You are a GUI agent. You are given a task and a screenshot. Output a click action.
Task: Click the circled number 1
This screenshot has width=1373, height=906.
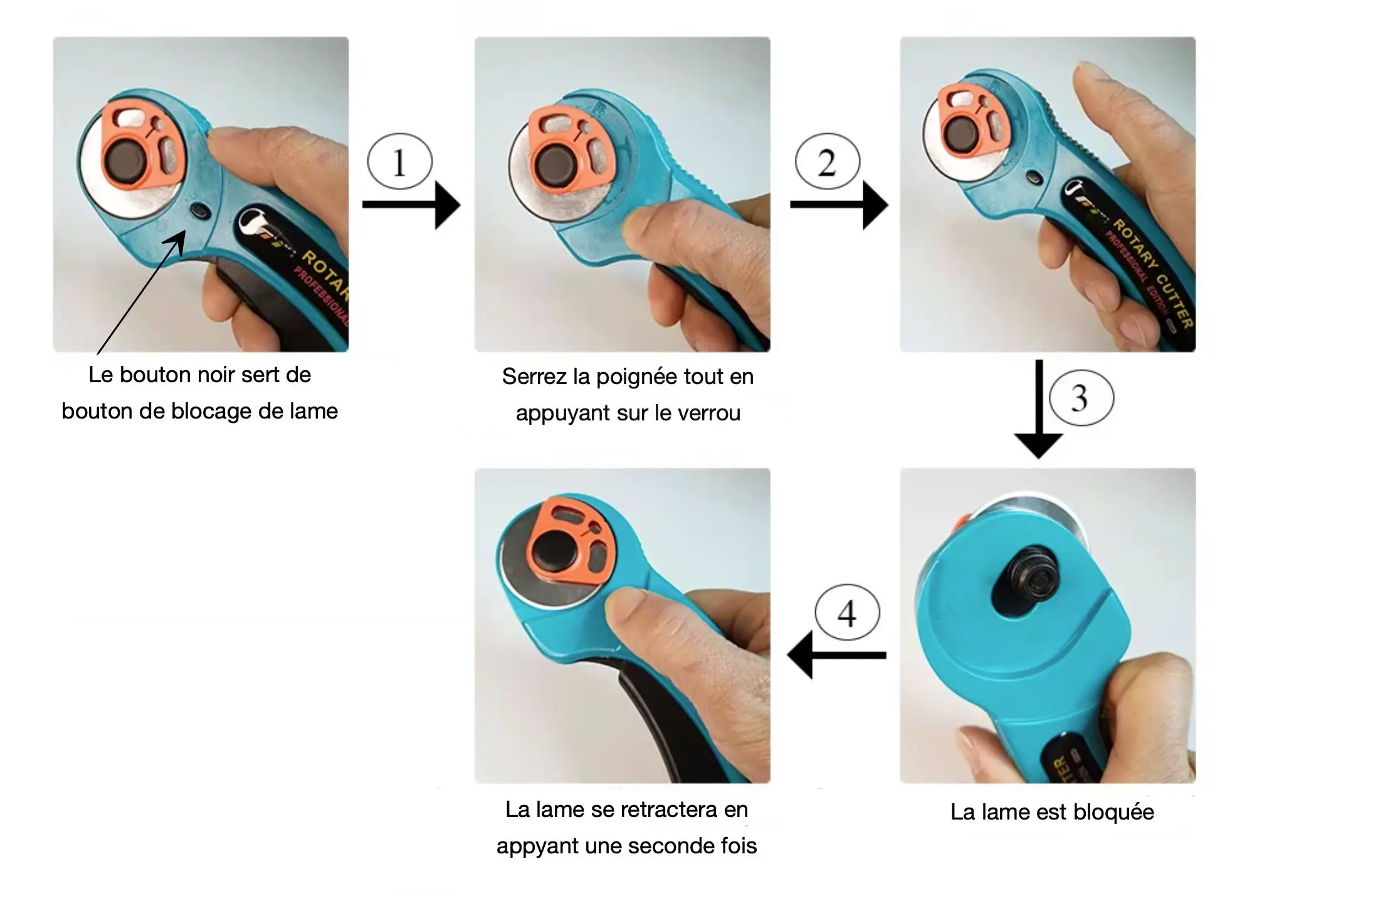(399, 161)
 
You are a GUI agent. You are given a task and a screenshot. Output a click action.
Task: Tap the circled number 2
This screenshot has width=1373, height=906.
(827, 161)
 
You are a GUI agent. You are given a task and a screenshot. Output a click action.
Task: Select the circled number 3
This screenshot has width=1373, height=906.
(1081, 398)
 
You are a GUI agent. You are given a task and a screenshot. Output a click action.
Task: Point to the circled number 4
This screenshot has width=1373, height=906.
(847, 612)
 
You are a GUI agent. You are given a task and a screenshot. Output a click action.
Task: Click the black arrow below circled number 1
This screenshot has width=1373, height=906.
(411, 205)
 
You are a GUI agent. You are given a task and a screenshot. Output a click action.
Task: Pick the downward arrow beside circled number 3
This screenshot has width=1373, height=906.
(1038, 409)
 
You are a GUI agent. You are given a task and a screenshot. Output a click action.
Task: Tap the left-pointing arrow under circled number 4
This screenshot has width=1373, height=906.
(836, 655)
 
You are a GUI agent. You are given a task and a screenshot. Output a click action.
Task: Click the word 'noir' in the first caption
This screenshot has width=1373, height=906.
(216, 375)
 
